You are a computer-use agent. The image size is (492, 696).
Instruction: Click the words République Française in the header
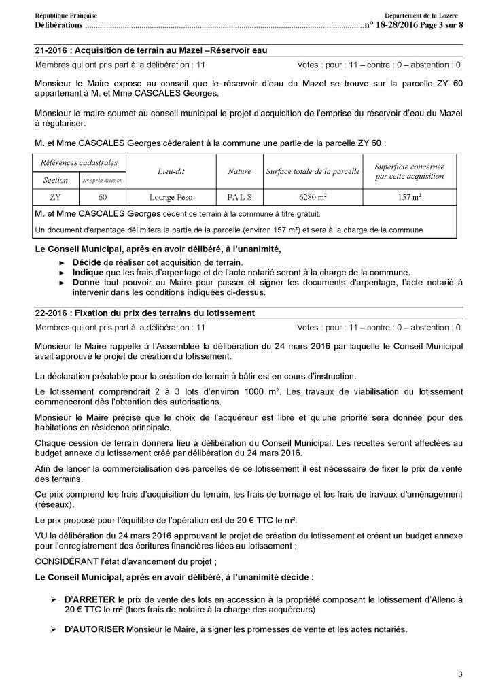coord(65,16)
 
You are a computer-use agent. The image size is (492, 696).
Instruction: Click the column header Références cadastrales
coord(79,163)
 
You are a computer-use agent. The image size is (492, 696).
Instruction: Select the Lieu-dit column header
coord(171,172)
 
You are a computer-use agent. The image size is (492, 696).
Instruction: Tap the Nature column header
coord(239,172)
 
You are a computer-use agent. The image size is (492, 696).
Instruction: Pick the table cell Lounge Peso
coord(171,197)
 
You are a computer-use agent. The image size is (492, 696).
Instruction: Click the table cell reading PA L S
coord(239,197)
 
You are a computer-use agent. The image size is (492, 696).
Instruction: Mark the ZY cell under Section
coord(55,197)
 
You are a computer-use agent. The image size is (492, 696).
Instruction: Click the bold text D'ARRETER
coord(90,600)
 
